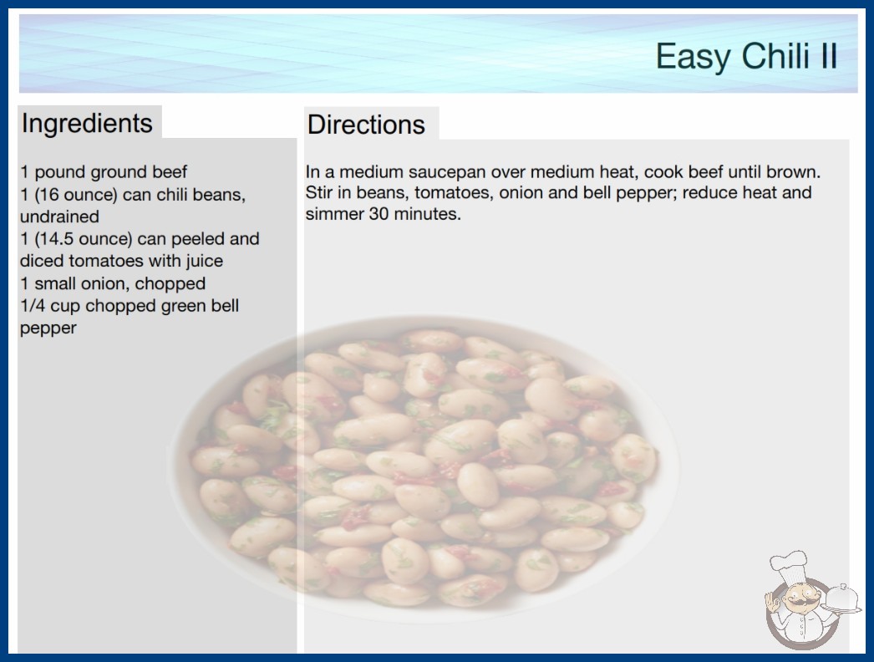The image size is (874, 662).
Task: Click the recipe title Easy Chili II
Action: point(746,56)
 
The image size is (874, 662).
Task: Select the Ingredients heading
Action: point(87,123)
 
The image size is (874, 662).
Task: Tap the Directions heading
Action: point(366,125)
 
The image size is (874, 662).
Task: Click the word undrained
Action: point(59,216)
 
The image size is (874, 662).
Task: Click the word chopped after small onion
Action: point(170,283)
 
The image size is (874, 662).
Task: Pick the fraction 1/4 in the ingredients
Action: point(33,306)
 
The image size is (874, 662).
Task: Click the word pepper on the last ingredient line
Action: point(48,328)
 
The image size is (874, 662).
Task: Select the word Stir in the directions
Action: point(319,193)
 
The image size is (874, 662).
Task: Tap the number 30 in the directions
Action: point(379,214)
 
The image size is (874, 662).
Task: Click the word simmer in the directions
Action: point(334,214)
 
